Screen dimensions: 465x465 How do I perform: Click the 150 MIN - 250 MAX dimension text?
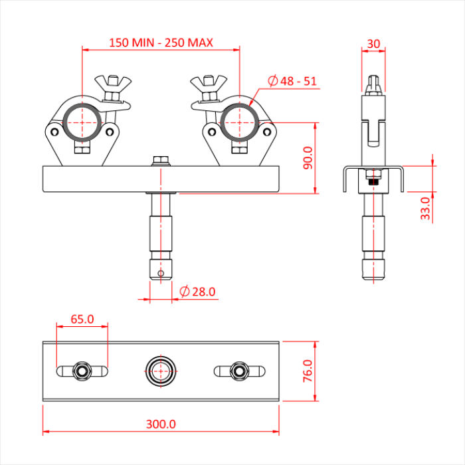click(161, 43)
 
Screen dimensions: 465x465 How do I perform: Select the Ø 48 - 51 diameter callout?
click(292, 81)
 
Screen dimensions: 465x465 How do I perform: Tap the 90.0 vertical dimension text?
click(308, 158)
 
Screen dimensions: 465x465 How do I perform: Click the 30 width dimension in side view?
click(373, 44)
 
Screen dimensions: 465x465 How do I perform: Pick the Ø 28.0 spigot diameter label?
click(198, 292)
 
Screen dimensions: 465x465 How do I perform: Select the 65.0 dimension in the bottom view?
click(82, 319)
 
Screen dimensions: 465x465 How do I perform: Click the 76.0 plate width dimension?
click(308, 372)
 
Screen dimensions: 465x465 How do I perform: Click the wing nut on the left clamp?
click(113, 84)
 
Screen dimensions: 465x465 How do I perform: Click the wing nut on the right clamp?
click(208, 84)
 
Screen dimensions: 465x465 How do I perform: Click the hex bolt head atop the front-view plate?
click(161, 160)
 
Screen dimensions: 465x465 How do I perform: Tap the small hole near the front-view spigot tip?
click(160, 272)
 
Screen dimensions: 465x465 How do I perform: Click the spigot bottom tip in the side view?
click(373, 272)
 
